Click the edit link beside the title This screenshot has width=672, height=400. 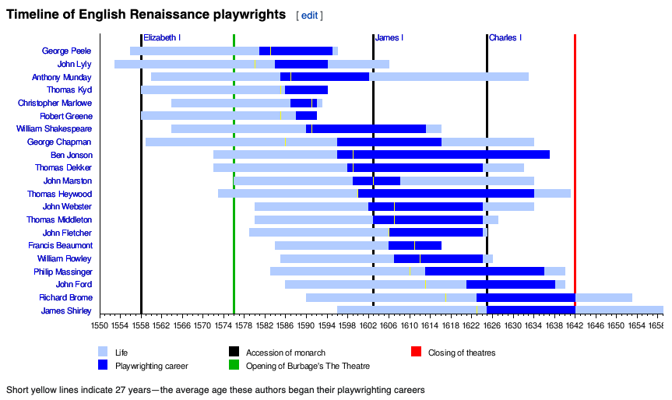pos(309,15)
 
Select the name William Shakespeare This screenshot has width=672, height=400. pos(54,129)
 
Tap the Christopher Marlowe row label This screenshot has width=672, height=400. pos(55,103)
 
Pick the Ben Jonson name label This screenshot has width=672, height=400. pos(71,155)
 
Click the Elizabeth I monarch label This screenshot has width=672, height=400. pos(162,37)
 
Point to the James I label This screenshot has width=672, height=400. pos(389,37)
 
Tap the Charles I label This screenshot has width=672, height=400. pos(505,37)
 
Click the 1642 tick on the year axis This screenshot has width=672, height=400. pos(575,325)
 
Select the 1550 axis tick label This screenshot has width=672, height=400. pos(100,325)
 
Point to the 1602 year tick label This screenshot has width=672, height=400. pos(368,325)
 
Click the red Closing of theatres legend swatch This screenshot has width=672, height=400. pos(416,352)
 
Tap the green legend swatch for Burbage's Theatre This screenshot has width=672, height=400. pos(233,364)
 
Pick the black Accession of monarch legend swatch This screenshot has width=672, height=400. pos(233,352)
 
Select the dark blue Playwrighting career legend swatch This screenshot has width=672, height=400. pos(103,364)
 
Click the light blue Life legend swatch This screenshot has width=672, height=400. pos(103,352)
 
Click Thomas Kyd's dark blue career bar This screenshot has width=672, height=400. pos(306,90)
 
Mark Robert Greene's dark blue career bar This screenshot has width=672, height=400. pos(306,116)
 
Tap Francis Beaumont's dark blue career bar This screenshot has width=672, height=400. pos(414,246)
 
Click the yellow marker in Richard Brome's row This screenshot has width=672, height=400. pos(445,297)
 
